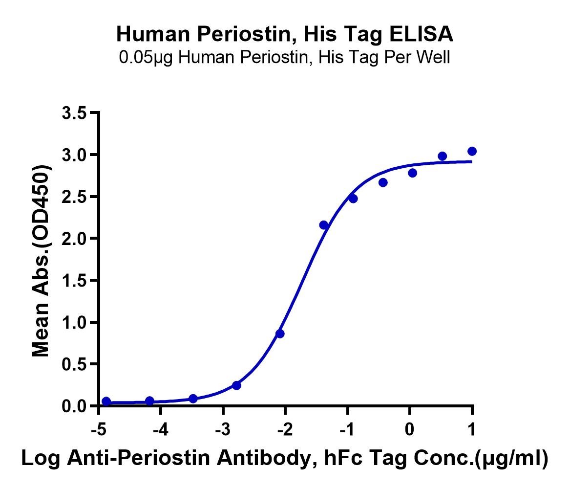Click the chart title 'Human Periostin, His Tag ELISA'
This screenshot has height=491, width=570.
285,34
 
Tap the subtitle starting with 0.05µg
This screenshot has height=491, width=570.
285,58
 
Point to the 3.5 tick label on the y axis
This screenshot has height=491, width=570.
74,113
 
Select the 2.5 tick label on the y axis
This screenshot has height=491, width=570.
74,197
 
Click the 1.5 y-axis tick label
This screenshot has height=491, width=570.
74,281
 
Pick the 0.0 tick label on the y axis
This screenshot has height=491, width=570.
74,406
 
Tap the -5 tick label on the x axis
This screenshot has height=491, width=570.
98,430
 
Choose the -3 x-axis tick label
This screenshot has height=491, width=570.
223,430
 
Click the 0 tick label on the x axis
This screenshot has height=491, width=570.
410,430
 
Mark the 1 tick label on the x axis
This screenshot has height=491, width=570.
472,430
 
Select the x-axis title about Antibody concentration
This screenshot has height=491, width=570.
285,458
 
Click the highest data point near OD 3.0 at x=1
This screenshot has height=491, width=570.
472,151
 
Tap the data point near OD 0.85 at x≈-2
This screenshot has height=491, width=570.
279,334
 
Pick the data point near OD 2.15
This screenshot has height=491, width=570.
323,225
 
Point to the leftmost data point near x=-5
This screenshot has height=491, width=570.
106,401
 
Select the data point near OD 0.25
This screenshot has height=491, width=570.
236,385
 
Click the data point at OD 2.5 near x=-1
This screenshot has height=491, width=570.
353,199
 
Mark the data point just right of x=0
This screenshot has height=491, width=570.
412,173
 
